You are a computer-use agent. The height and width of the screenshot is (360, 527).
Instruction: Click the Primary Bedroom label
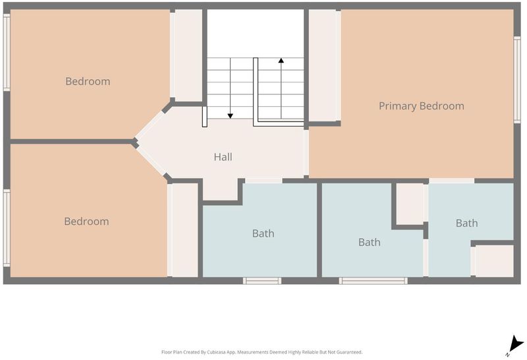[x=422, y=106]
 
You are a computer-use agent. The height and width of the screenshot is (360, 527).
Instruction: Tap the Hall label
[x=223, y=157]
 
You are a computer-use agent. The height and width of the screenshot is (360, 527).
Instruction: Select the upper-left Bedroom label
[x=88, y=81]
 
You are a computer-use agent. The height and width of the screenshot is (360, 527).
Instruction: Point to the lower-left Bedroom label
[x=86, y=222]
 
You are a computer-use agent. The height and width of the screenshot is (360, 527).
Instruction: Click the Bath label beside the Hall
[x=263, y=233]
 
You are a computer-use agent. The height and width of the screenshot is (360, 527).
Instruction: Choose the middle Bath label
[x=370, y=242]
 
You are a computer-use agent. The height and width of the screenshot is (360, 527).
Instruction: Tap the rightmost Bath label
[x=466, y=223]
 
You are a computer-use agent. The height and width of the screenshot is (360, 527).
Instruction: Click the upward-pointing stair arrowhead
[x=281, y=61]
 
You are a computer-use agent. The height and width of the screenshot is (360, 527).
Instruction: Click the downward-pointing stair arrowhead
[x=230, y=116]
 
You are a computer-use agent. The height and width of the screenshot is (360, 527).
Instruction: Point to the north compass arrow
[x=515, y=345]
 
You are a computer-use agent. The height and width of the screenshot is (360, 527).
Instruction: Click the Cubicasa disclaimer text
[x=262, y=352]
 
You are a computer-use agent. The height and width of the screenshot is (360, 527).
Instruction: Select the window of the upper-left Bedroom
[x=7, y=52]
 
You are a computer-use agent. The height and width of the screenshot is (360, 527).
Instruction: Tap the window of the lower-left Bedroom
[x=7, y=228]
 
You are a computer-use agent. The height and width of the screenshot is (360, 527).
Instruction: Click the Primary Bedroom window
[x=517, y=79]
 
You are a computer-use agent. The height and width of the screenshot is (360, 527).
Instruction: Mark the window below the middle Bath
[x=373, y=281]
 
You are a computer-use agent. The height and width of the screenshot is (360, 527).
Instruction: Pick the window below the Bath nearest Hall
[x=262, y=281]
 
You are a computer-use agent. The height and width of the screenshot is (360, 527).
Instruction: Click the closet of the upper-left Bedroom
[x=188, y=55]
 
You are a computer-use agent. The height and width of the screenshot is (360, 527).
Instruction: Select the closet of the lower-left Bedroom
[x=184, y=230]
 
